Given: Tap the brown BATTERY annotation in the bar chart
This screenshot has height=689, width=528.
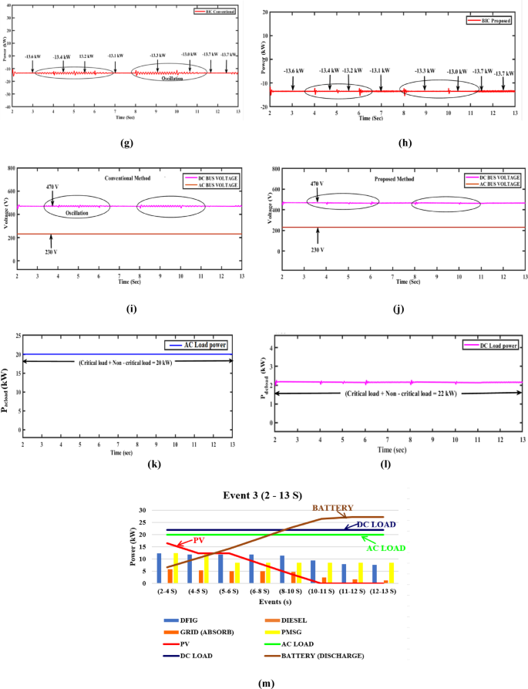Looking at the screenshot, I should pyautogui.click(x=333, y=508).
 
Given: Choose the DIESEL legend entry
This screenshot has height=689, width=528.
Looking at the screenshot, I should pyautogui.click(x=317, y=620).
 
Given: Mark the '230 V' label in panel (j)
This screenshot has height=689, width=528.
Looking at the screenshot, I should pyautogui.click(x=317, y=250).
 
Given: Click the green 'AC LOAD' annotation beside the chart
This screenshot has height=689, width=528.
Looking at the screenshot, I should pyautogui.click(x=385, y=549).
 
